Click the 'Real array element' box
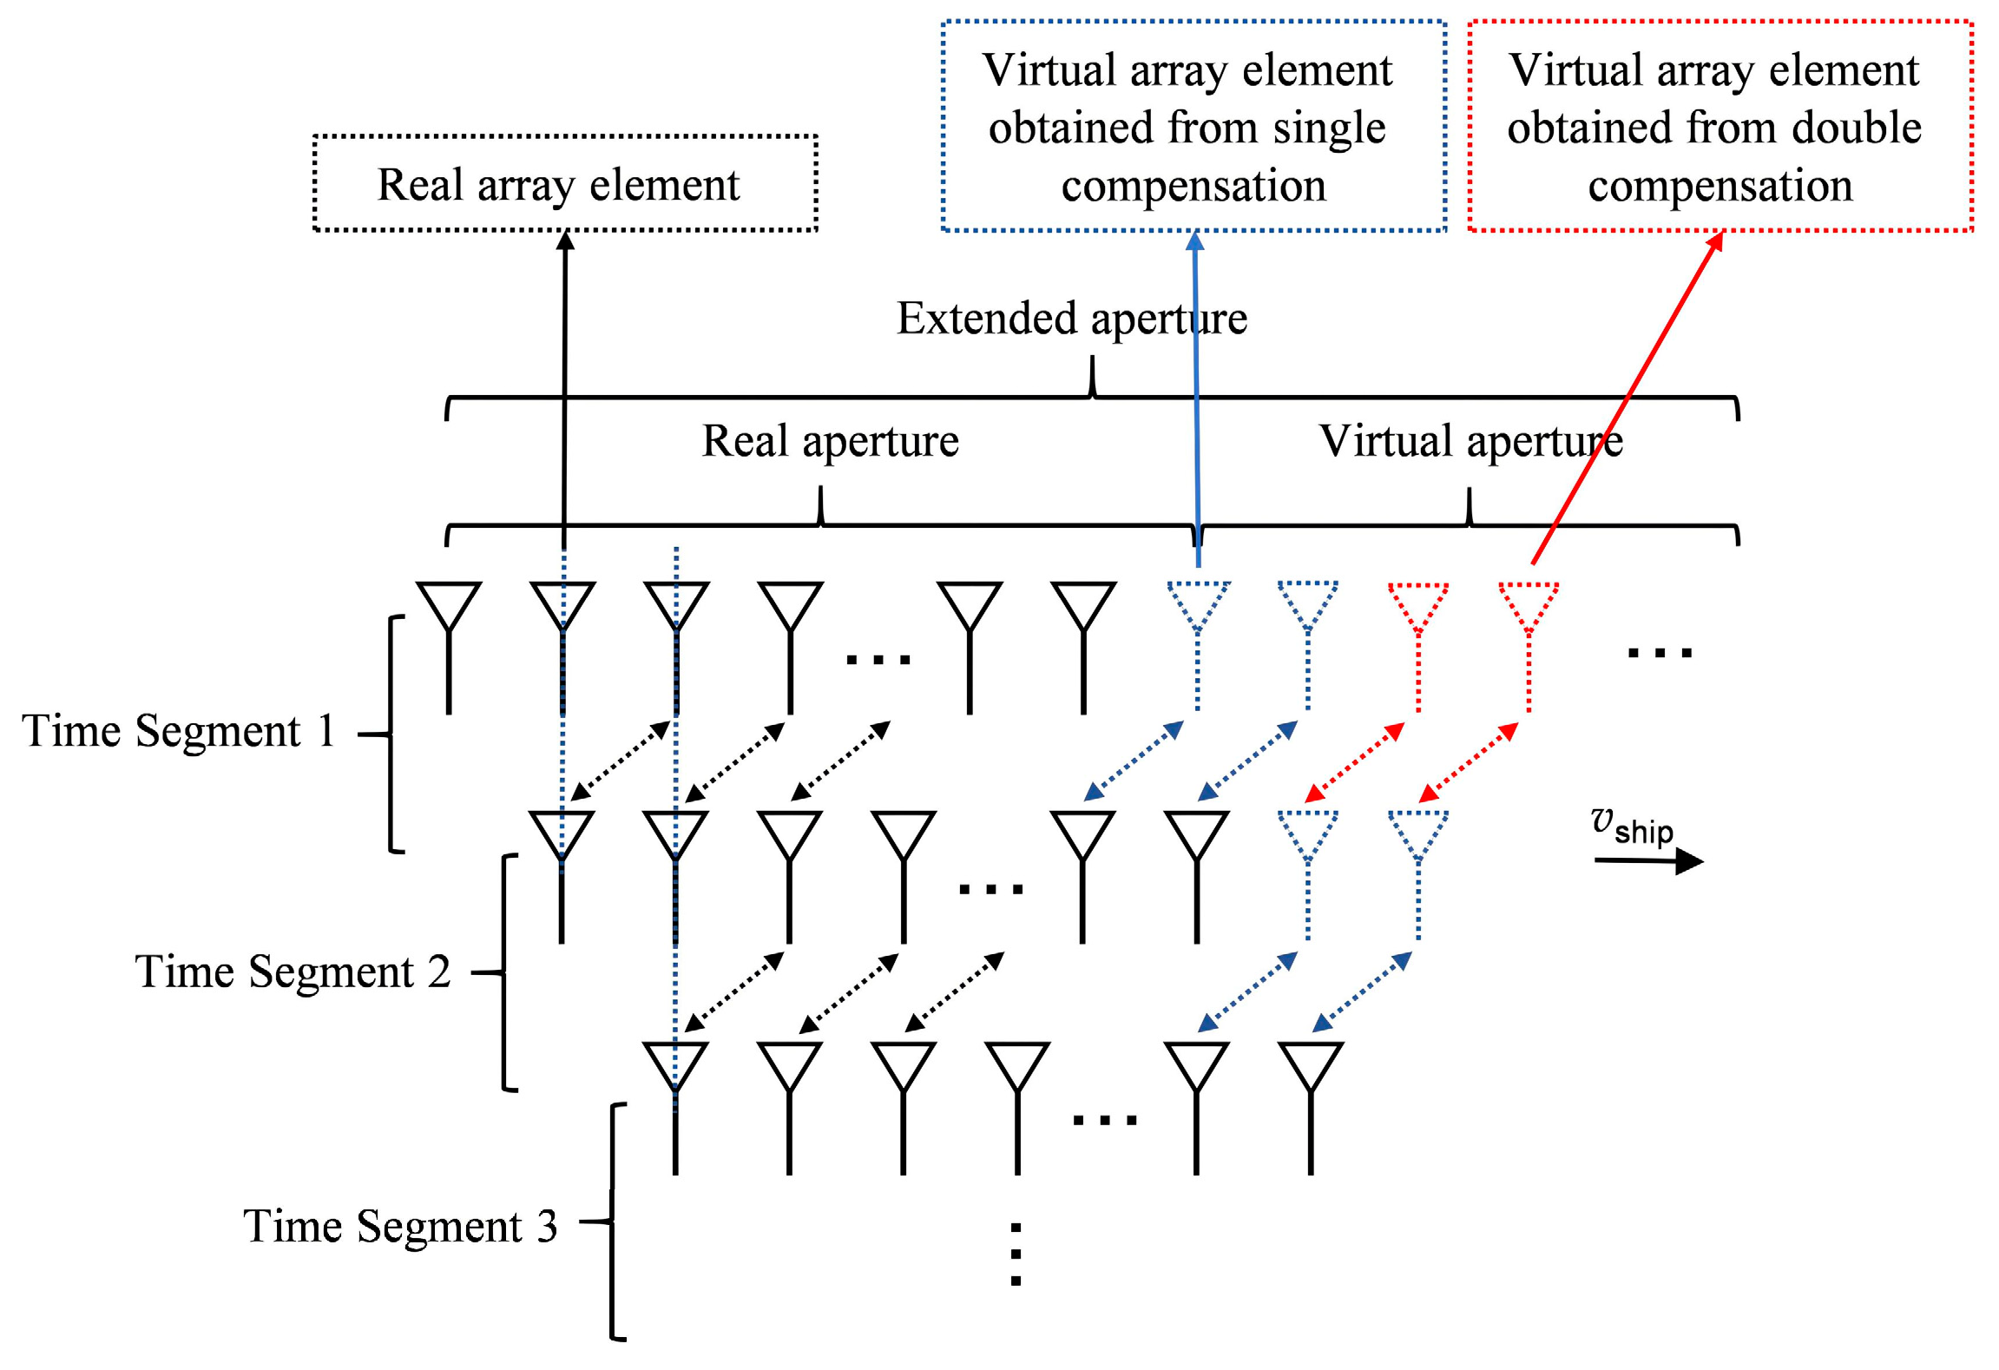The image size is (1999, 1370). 564,183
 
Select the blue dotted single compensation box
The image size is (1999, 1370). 1193,127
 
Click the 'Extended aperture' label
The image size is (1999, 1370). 1071,319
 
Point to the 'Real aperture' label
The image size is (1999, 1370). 830,441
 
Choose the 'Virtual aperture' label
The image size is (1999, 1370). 1470,441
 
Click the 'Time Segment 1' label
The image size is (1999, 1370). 179,731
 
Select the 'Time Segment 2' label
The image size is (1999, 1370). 293,972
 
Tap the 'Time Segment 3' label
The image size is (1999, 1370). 400,1227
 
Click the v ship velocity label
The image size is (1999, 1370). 1632,826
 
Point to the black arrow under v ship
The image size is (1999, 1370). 1648,861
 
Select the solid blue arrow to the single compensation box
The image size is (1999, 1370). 1196,399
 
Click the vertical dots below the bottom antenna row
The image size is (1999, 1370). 1016,1254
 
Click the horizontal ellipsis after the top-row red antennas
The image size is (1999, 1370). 1659,652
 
